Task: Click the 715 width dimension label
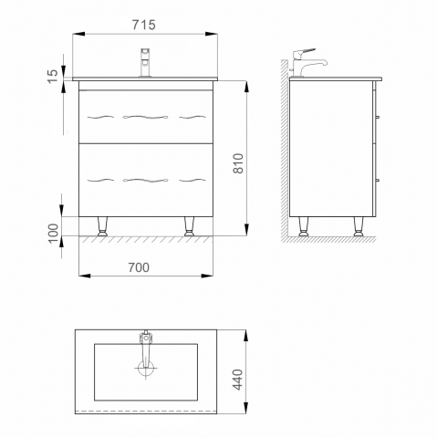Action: click(144, 25)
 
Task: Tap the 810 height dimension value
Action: click(238, 163)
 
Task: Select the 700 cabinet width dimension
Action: click(139, 267)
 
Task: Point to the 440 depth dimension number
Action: click(238, 380)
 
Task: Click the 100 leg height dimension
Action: click(53, 234)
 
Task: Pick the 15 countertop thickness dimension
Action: click(53, 76)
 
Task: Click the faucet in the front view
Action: click(145, 62)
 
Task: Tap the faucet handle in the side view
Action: click(304, 53)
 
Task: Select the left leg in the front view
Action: click(102, 226)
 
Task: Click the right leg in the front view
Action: click(190, 226)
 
